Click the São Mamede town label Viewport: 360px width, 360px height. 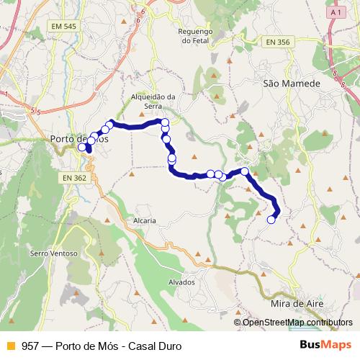click(x=291, y=84)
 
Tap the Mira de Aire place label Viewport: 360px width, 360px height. click(x=294, y=304)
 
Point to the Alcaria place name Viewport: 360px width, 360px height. click(x=145, y=220)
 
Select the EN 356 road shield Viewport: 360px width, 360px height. click(x=277, y=42)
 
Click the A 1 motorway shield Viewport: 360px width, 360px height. click(x=333, y=13)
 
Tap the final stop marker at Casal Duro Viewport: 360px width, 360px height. click(x=271, y=220)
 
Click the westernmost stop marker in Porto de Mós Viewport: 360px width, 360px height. click(x=81, y=147)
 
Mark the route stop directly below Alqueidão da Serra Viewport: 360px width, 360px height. click(x=165, y=122)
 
